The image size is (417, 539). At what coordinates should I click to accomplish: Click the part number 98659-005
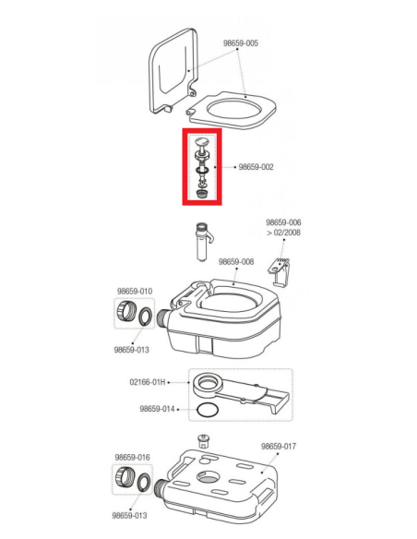point(241,43)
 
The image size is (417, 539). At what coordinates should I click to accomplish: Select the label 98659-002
point(256,167)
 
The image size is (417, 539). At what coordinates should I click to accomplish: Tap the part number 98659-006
point(283,222)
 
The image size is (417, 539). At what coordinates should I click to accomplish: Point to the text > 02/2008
point(284,233)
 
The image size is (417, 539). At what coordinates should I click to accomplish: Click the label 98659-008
point(236,261)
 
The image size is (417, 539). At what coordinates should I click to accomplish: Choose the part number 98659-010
point(135,291)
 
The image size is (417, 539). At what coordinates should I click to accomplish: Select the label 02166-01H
point(148,382)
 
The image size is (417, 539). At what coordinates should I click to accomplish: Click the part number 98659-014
point(157,409)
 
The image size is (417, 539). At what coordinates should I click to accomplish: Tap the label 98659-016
point(132,458)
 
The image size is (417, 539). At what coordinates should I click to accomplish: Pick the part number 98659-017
point(279,446)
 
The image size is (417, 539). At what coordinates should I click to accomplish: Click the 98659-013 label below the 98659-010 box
point(132,350)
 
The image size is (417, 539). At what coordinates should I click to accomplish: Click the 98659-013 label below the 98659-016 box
point(129,516)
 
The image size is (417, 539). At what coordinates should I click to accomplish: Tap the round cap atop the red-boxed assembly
point(202,141)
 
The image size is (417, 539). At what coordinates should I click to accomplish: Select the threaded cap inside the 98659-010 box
point(125,311)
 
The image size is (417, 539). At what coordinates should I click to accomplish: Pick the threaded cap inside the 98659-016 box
point(124,477)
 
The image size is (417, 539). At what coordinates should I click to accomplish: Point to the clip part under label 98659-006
point(280,270)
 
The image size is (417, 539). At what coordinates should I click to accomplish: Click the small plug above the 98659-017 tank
point(204,440)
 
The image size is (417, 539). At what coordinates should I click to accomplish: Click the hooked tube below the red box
point(203,241)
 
